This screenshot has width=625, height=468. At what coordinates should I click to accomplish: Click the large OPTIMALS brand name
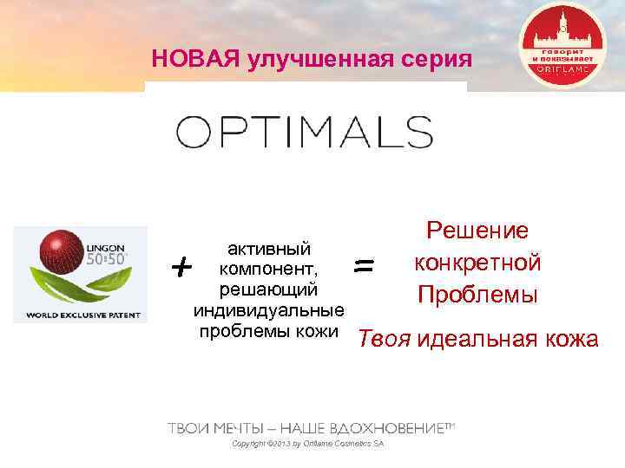[305, 133]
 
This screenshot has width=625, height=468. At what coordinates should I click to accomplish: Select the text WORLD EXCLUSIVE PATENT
[80, 314]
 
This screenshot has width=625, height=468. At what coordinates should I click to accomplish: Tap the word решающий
[268, 289]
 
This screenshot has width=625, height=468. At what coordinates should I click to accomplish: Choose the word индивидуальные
[268, 309]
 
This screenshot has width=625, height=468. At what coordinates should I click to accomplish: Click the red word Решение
[477, 231]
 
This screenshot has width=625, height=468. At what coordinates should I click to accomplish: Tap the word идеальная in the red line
[473, 338]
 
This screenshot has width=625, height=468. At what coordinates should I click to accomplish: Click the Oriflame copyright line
[308, 445]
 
